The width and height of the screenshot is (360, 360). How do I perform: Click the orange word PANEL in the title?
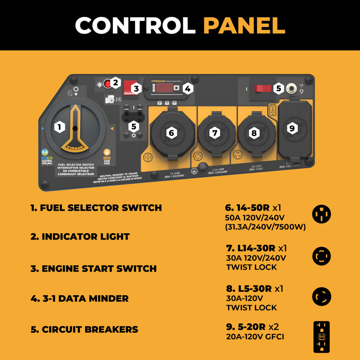pos(244,26)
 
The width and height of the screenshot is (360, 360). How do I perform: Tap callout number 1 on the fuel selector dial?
pos(60,128)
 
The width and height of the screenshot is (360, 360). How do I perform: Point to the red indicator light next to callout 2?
pos(107,84)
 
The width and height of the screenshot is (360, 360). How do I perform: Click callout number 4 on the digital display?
pos(187,88)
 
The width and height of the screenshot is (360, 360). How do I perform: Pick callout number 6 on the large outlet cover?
pos(172,133)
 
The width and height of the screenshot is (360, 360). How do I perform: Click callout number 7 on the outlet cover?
pos(216,133)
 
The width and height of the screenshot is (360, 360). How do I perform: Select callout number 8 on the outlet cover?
pos(254,133)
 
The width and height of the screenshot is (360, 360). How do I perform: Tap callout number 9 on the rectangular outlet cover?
pos(292,128)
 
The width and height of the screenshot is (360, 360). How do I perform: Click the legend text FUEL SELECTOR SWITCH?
pos(96,208)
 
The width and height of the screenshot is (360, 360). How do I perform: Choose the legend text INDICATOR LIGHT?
pos(80,236)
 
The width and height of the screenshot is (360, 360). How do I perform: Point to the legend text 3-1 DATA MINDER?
pos(80,298)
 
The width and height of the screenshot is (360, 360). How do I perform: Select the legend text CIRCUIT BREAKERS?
pos(84,330)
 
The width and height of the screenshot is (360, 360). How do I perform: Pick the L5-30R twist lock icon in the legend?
pos(321,296)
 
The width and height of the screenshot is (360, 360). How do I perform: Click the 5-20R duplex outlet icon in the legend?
pos(321,337)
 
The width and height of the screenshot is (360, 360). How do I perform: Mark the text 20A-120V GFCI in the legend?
pos(255,337)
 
